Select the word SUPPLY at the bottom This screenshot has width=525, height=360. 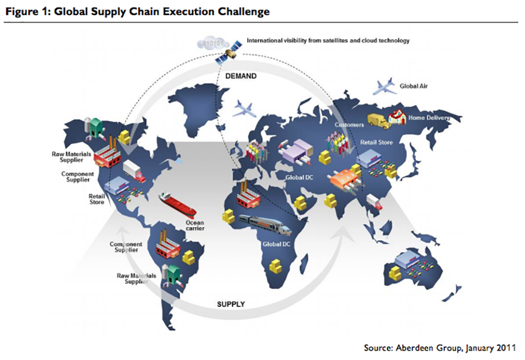[x=231, y=304]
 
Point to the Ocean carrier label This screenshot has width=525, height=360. [x=195, y=225]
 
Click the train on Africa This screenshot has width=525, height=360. [x=264, y=225]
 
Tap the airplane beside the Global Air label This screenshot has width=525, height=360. [x=385, y=87]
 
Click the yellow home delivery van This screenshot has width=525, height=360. [x=378, y=121]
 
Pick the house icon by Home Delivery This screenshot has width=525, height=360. [x=398, y=117]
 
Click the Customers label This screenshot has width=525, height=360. [x=349, y=125]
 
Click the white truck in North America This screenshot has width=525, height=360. [x=133, y=171]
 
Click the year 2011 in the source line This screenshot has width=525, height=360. [x=507, y=347]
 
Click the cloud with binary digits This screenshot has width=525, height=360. [x=209, y=41]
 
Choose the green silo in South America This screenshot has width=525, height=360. [x=172, y=272]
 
